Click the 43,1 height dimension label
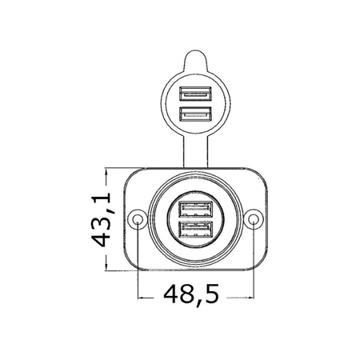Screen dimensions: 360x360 pos(101,219)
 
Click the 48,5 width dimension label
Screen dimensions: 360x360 pos(191,295)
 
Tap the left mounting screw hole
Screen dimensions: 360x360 pos(138,219)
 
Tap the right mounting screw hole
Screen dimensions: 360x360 pos(254,219)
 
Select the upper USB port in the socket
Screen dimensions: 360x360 pos(196,209)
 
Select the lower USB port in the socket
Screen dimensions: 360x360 pos(196,230)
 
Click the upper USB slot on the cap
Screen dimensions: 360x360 pos(195,94)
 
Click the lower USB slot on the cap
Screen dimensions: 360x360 pos(195,114)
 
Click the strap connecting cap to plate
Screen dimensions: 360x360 pos(195,150)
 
